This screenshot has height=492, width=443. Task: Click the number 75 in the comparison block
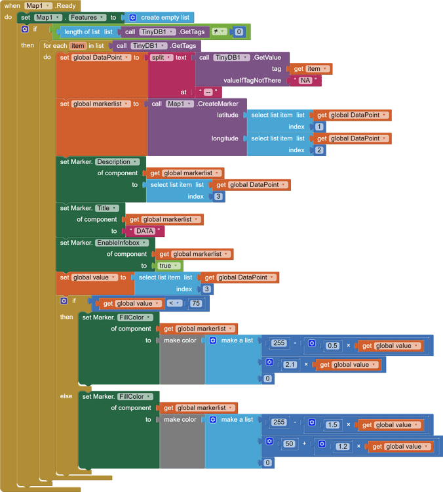click(195, 304)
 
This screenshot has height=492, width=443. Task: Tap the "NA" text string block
click(305, 81)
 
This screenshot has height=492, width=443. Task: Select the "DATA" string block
click(144, 232)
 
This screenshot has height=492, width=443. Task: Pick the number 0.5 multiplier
click(332, 346)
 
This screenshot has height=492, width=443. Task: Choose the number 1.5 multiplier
click(332, 424)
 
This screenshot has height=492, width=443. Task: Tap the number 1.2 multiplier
click(343, 447)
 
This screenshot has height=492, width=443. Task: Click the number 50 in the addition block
click(290, 444)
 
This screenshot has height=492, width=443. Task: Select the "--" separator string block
click(207, 92)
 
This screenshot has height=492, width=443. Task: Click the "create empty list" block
click(159, 18)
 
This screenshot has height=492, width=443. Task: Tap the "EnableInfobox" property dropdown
click(122, 243)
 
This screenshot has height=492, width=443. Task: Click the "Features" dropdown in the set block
click(85, 18)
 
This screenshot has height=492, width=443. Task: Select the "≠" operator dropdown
click(219, 31)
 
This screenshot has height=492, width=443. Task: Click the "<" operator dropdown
click(174, 304)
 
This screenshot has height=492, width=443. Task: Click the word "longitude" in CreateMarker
click(225, 138)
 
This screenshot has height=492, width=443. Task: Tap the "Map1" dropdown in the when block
click(38, 5)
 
